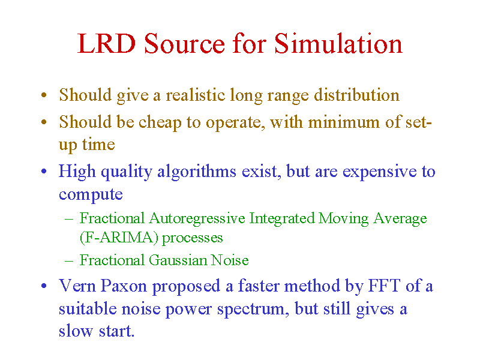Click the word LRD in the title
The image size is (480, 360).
(106, 43)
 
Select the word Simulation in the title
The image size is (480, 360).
(338, 43)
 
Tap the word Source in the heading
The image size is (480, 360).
(185, 44)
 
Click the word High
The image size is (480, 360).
(77, 171)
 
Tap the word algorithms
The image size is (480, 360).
(197, 171)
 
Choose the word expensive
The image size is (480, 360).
(380, 172)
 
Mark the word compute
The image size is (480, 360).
(91, 194)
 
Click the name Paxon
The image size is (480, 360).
(124, 286)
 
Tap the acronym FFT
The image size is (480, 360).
(384, 286)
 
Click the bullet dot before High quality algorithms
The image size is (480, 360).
(44, 171)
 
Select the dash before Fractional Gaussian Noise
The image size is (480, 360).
(69, 261)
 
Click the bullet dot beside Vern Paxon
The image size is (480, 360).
(44, 286)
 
